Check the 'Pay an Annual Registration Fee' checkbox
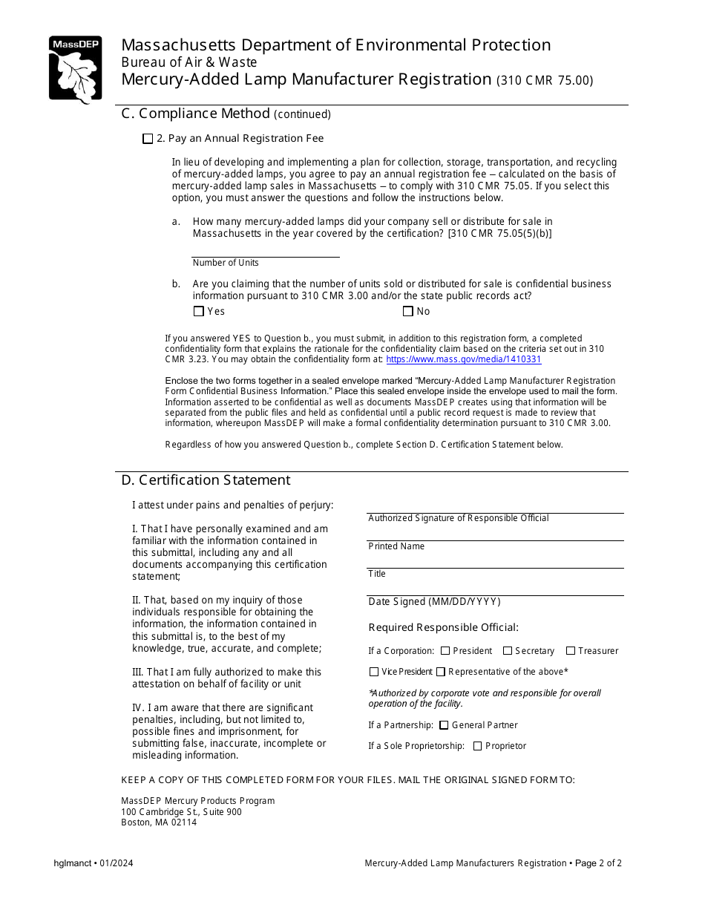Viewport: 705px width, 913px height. point(148,139)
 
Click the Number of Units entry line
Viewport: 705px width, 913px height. point(265,250)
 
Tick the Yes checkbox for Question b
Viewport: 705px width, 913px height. point(198,312)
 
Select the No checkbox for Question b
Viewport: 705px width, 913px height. point(407,312)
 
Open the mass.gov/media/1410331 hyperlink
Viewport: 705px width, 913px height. point(464,359)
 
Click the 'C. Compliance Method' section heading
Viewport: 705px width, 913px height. point(195,114)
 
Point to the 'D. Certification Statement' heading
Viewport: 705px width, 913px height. point(206,480)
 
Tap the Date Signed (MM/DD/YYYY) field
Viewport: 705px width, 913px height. point(495,589)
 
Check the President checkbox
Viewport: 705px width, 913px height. point(445,651)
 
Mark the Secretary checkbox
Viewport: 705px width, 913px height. point(508,651)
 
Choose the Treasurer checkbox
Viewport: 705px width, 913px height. point(571,651)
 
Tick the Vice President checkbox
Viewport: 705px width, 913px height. point(374,672)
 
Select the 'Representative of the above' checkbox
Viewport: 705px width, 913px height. point(441,672)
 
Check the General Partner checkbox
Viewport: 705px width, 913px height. point(444,725)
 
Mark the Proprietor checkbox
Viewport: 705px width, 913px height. point(477,746)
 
